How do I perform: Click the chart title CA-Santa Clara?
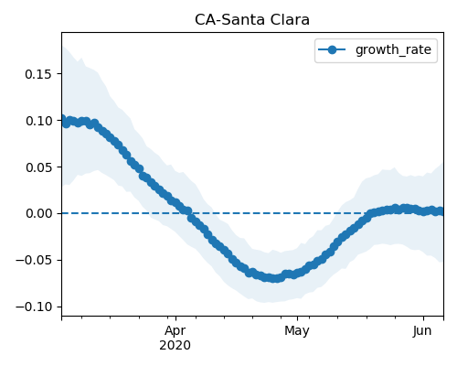tap(252, 20)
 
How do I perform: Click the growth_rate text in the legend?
tap(393, 49)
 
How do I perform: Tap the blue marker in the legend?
tap(332, 49)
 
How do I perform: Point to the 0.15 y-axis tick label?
tap(38, 74)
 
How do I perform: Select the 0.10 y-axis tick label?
tap(38, 121)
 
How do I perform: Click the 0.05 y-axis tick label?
tap(38, 167)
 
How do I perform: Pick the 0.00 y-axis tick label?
tap(38, 213)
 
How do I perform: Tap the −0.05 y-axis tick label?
tap(34, 260)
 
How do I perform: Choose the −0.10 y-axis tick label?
tap(34, 307)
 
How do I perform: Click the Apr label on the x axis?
tap(175, 331)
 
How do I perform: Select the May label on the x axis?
tap(297, 331)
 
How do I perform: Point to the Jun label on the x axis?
tap(422, 330)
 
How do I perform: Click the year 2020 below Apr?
tap(175, 345)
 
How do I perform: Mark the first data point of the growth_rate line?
tap(62, 118)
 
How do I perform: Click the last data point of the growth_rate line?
tap(441, 211)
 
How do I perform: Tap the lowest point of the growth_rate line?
tap(275, 278)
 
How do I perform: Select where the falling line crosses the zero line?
tap(188, 213)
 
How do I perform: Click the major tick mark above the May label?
tap(297, 318)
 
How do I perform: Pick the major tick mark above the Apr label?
tap(175, 318)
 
